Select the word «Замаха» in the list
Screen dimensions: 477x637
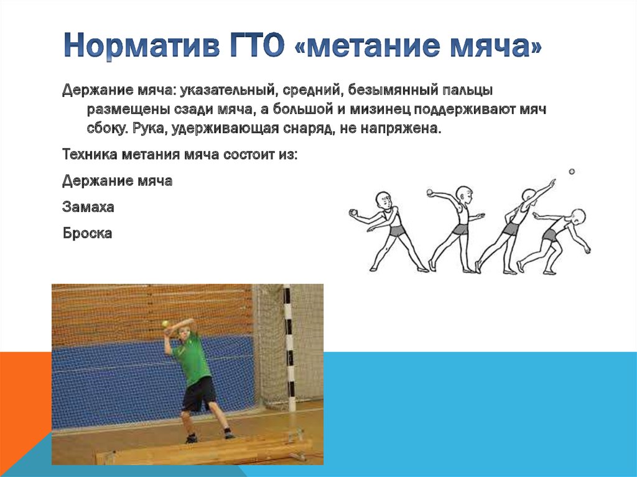[x=88, y=207]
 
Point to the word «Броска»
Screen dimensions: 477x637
[x=87, y=234]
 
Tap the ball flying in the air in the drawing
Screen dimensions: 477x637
[x=572, y=171]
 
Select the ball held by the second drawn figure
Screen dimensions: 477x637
[x=430, y=192]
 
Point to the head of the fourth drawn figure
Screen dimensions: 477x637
[x=578, y=218]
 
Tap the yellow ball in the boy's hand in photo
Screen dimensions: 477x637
[x=165, y=323]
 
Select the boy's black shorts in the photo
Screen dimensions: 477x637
[x=199, y=393]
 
